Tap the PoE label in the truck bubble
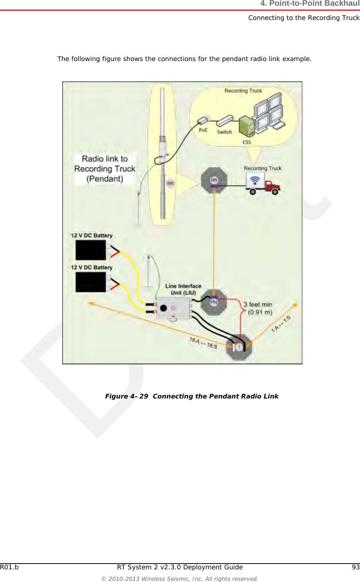(x=203, y=130)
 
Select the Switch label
(x=224, y=132)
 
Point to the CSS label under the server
(x=247, y=142)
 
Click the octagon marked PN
(x=214, y=303)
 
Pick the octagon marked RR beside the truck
(x=214, y=180)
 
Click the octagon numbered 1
(x=239, y=347)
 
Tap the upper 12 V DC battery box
(x=91, y=250)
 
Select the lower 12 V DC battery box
(x=91, y=282)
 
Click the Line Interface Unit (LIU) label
(x=183, y=289)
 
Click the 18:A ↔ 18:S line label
(x=203, y=343)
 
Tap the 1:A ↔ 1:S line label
(x=281, y=324)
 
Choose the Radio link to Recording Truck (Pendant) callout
(x=105, y=169)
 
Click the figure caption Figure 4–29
(x=191, y=396)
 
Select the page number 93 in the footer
(x=355, y=567)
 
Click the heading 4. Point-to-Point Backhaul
(x=310, y=4)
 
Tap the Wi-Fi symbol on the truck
(x=255, y=179)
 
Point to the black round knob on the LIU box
(x=163, y=308)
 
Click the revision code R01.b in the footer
(x=9, y=567)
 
